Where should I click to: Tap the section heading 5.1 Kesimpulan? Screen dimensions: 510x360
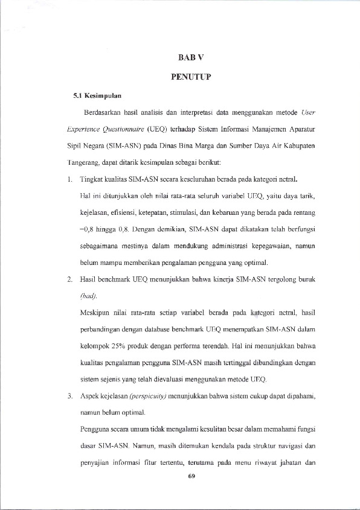(97, 95)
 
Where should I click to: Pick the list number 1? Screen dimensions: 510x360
(70, 180)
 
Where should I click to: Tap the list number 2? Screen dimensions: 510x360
(70, 281)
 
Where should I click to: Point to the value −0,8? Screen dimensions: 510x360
(88, 230)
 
